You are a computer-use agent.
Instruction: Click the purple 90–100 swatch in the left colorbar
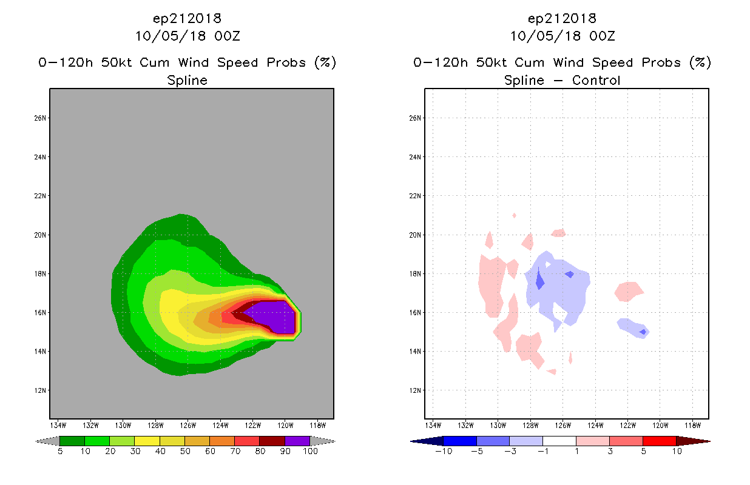(297, 441)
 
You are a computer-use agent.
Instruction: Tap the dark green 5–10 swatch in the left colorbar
(72, 441)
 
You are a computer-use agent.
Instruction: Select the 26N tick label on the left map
(40, 118)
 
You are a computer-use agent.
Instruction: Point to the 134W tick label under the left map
(58, 426)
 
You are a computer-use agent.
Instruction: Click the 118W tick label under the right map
(693, 426)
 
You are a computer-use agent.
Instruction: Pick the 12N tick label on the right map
(415, 390)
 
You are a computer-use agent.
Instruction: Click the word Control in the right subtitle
(596, 80)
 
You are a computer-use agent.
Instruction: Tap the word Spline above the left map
(187, 80)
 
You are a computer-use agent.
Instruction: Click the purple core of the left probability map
(274, 316)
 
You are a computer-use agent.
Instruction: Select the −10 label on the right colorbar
(444, 451)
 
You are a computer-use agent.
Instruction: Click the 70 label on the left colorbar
(235, 451)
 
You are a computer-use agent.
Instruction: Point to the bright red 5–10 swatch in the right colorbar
(660, 441)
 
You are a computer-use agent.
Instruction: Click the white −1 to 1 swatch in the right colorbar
(559, 441)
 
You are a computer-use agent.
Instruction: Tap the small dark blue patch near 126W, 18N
(570, 275)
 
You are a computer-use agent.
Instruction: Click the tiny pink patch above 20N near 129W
(515, 215)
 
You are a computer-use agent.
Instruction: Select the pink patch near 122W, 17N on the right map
(629, 292)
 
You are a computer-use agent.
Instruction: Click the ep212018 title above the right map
(562, 18)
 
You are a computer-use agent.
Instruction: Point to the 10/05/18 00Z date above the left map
(187, 36)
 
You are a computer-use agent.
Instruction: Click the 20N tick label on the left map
(40, 235)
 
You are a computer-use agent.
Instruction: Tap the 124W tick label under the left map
(220, 426)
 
